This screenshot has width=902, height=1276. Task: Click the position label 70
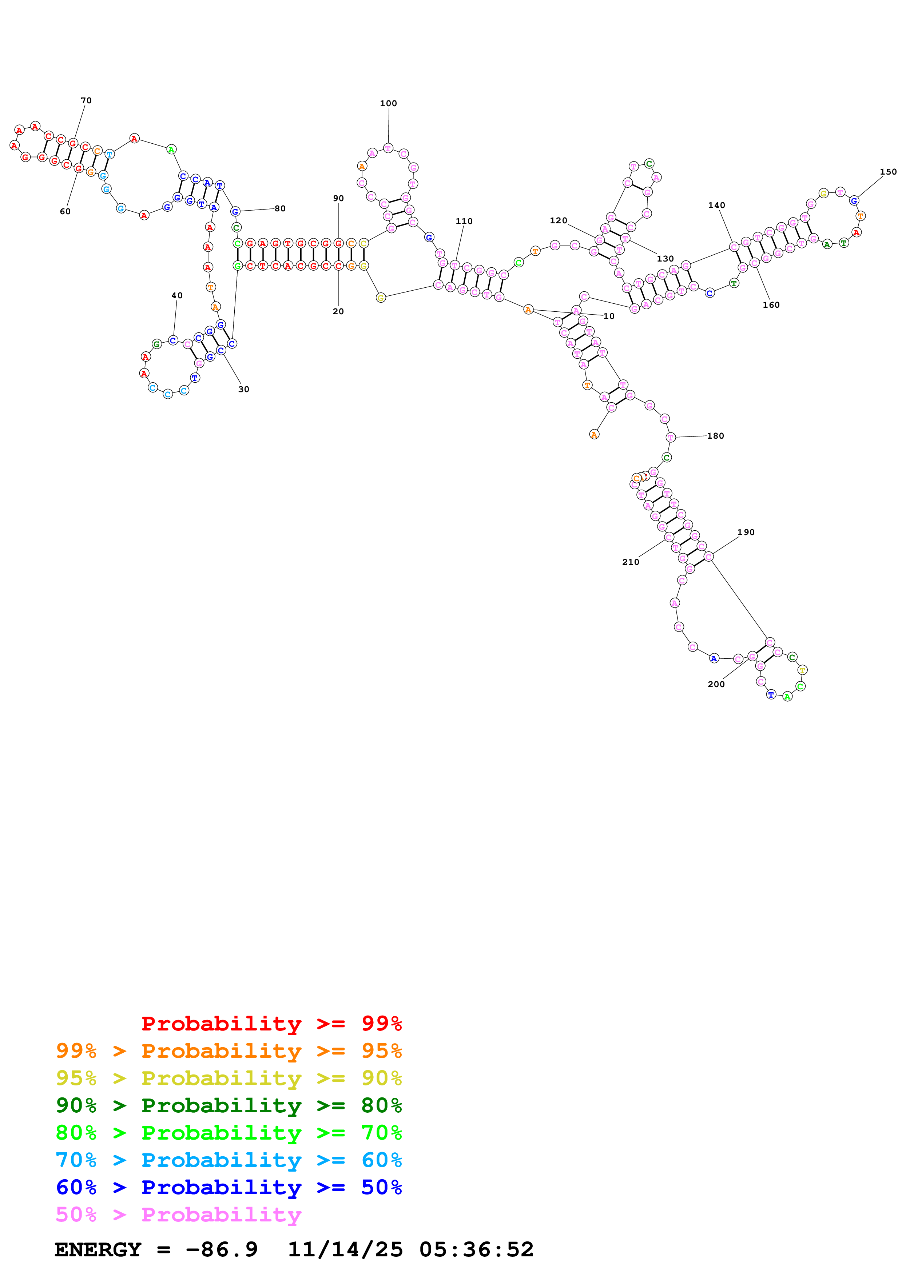[86, 101]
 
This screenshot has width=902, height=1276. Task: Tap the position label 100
[389, 103]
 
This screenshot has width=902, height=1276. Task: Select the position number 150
[888, 172]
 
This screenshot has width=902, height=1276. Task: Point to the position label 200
[716, 684]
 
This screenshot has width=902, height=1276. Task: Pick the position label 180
[715, 436]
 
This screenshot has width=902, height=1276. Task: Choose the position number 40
[177, 296]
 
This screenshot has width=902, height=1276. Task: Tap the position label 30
[243, 389]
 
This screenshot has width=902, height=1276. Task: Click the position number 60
[65, 211]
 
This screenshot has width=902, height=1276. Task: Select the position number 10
[609, 316]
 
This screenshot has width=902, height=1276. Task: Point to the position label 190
[746, 532]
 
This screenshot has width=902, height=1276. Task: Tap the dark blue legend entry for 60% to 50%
[229, 1187]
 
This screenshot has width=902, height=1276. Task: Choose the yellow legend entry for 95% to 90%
[229, 1078]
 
